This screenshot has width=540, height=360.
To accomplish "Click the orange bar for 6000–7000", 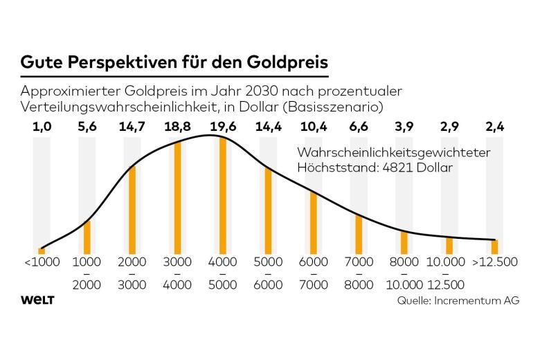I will (313, 222).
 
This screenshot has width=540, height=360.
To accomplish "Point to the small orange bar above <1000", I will (42, 251).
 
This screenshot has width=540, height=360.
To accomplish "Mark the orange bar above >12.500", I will (494, 246).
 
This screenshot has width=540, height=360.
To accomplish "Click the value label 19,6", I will (223, 127).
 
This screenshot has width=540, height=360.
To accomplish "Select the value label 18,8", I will (177, 127).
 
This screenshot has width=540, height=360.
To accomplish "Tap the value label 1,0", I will (42, 127).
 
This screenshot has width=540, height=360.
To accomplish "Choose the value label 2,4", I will (494, 127).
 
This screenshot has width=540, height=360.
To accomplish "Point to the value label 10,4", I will (313, 127).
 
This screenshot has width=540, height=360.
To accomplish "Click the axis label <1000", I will (42, 262).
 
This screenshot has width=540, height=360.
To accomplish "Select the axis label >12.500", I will (494, 262).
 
